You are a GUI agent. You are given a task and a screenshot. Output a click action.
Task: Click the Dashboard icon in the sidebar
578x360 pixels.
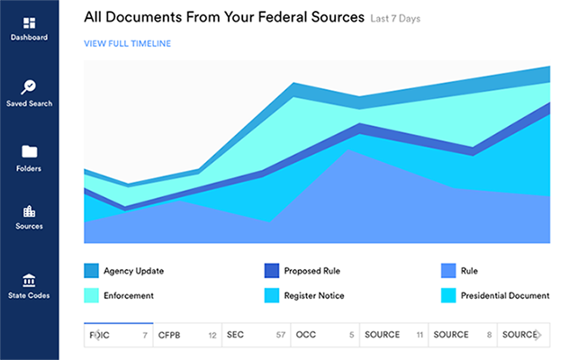click(x=29, y=22)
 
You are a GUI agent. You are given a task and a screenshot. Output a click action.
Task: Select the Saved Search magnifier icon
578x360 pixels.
click(x=29, y=87)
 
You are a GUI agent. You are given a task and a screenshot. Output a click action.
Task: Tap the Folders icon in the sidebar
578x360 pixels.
click(x=29, y=151)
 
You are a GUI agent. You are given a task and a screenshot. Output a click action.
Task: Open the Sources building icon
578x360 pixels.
click(x=29, y=211)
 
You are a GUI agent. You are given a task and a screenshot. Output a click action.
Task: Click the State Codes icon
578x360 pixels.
click(x=29, y=279)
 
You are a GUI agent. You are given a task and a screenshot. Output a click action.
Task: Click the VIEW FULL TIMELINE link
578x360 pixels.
click(x=127, y=43)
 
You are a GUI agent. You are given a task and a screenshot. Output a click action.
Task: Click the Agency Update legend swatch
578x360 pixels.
click(x=91, y=270)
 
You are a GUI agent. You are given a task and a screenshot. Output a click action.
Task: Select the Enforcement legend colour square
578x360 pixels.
click(x=91, y=294)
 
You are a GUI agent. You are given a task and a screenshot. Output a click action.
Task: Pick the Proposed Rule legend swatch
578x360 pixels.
click(x=271, y=270)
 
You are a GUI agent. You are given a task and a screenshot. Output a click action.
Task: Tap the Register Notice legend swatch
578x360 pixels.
click(x=271, y=294)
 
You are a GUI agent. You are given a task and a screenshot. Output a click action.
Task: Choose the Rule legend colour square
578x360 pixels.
click(x=447, y=270)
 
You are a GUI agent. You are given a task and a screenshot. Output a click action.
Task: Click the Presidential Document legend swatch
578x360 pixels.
click(x=447, y=294)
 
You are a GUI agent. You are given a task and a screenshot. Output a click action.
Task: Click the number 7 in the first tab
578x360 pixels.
click(x=144, y=335)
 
